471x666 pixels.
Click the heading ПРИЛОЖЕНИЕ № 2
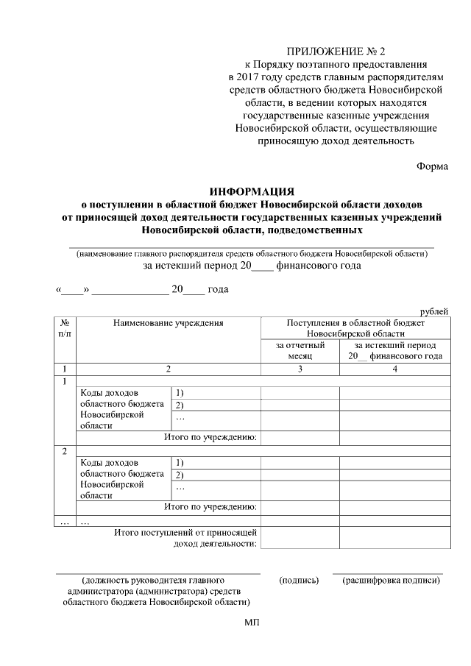(336, 51)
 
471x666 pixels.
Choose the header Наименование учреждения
(168, 323)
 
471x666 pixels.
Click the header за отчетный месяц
(300, 350)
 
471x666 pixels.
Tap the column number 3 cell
(300, 369)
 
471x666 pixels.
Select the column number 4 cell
(394, 369)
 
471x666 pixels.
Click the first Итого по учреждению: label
(210, 438)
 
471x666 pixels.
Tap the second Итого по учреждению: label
(210, 507)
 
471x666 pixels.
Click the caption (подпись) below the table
(300, 581)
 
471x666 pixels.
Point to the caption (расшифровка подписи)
(391, 581)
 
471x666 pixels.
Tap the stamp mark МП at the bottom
(252, 623)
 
